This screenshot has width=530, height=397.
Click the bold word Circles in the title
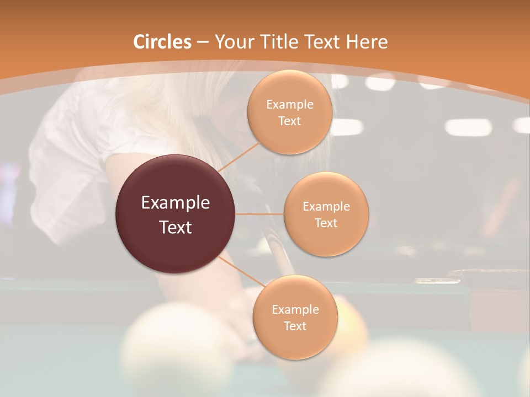point(162,42)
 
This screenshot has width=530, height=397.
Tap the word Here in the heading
point(367,42)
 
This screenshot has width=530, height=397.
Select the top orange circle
point(290,112)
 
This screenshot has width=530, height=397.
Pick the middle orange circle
point(326,214)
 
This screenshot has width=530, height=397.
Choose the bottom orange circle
point(295,317)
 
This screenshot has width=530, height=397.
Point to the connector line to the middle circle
point(259,214)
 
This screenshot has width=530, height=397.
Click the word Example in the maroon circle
point(176,202)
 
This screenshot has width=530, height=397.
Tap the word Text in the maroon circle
point(176,227)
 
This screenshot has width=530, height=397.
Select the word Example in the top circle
point(290,104)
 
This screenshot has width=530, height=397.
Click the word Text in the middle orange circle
point(326,223)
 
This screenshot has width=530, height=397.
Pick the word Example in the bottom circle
point(295,309)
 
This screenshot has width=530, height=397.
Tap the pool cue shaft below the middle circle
point(276,259)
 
